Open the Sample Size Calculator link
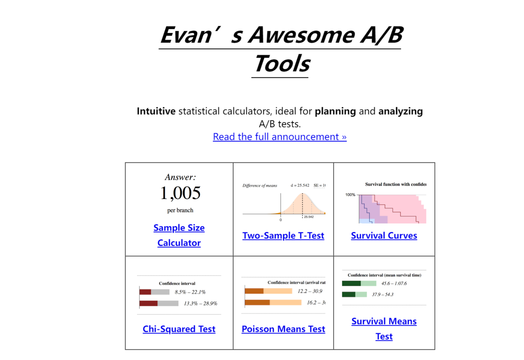pos(179,235)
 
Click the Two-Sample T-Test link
pos(283,235)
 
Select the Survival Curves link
pos(384,235)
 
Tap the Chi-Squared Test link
pos(179,329)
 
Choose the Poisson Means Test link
pos(283,329)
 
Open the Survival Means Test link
pos(384,329)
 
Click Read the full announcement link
pos(280,137)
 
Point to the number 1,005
pos(180,193)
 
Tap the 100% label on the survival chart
pos(350,195)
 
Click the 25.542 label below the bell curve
pos(309,217)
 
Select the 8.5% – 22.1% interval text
pos(190,292)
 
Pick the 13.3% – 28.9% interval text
pos(200,304)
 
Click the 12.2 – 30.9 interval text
pos(310,291)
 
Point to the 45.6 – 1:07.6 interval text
pos(394,284)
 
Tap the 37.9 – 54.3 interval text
pos(383,295)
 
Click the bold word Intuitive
pos(156,111)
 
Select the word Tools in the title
pos(282,63)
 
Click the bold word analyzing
pos(401,112)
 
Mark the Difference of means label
pos(259,186)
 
